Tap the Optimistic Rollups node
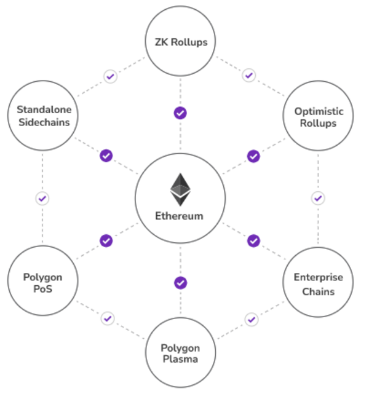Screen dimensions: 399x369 click(318, 117)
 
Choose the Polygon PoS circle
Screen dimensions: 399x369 click(42, 283)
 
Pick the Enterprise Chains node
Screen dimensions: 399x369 click(318, 283)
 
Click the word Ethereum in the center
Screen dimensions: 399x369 click(180, 216)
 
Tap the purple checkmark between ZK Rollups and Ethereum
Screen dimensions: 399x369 click(180, 113)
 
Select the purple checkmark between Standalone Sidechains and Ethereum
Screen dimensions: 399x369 click(106, 156)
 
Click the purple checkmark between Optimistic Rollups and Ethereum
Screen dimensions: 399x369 click(253, 156)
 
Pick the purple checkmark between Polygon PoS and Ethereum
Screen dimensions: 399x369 click(106, 240)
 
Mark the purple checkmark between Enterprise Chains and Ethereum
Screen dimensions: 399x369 click(253, 240)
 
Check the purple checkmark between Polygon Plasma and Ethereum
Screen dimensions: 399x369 click(180, 283)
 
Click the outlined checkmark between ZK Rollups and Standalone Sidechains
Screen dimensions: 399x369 click(110, 77)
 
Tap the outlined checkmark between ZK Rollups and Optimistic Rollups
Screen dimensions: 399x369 click(249, 76)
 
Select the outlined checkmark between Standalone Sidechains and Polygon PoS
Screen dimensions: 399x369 click(42, 199)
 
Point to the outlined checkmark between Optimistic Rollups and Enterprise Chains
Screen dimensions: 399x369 click(318, 199)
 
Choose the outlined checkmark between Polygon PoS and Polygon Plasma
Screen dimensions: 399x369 click(108, 318)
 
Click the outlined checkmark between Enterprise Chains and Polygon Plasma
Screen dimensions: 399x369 click(251, 319)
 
